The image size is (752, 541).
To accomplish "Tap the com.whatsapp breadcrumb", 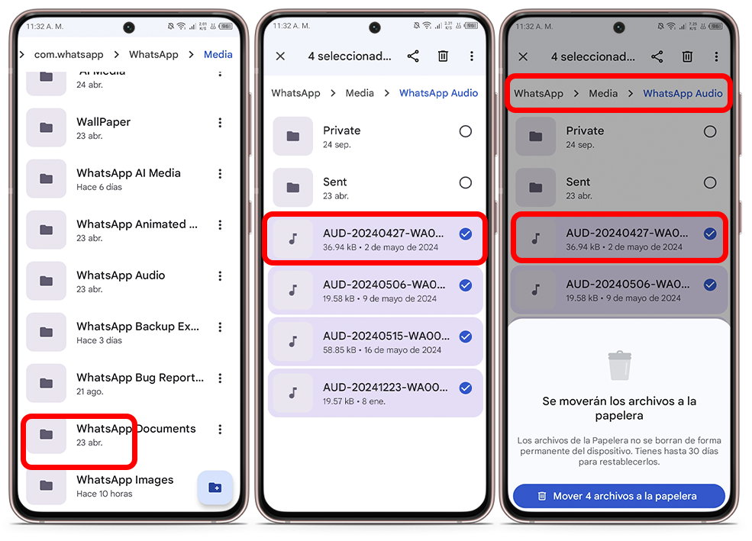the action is point(69,55).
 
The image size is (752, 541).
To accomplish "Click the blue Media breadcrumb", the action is point(218,55).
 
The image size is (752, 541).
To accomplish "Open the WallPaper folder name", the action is point(103,122).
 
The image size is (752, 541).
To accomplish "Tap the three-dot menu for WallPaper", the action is point(220,123).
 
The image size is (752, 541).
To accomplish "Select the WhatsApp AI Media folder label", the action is point(128,173).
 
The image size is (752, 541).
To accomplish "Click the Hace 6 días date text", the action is point(99,187).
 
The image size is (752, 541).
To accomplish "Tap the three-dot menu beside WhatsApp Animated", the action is point(220,225).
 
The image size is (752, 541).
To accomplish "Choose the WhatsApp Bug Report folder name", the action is point(140,378).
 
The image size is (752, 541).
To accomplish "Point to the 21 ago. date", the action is point(89,391).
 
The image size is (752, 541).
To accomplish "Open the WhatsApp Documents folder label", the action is point(136,428).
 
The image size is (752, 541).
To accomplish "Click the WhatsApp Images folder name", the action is point(124,480).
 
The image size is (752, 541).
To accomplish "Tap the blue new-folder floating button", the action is point(215,488).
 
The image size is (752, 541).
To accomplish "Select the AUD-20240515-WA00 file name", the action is point(386,336).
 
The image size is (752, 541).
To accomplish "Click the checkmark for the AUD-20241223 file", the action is point(465,388).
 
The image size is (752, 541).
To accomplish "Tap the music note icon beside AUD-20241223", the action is point(293,393).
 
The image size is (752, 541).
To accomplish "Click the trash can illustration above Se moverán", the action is point(619,365).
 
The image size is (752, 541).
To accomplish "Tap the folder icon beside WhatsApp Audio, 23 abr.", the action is point(46,281).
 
